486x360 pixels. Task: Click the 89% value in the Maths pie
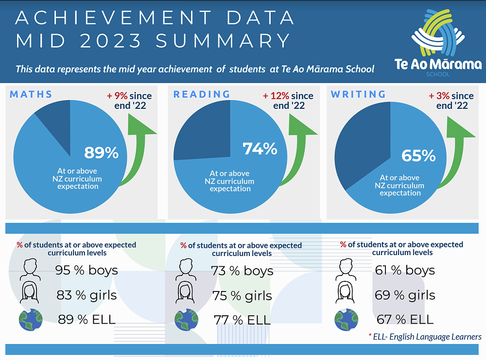click(101, 153)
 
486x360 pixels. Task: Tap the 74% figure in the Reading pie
click(260, 149)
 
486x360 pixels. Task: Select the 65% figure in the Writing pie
click(418, 155)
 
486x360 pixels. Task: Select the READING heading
click(202, 94)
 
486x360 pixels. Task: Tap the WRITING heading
click(358, 94)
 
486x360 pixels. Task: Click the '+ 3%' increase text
click(439, 96)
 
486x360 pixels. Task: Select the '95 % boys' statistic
click(86, 270)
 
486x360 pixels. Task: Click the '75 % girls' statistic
click(242, 296)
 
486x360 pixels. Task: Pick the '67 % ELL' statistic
click(405, 320)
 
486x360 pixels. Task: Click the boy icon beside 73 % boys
click(187, 268)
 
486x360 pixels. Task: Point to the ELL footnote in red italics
click(425, 337)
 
